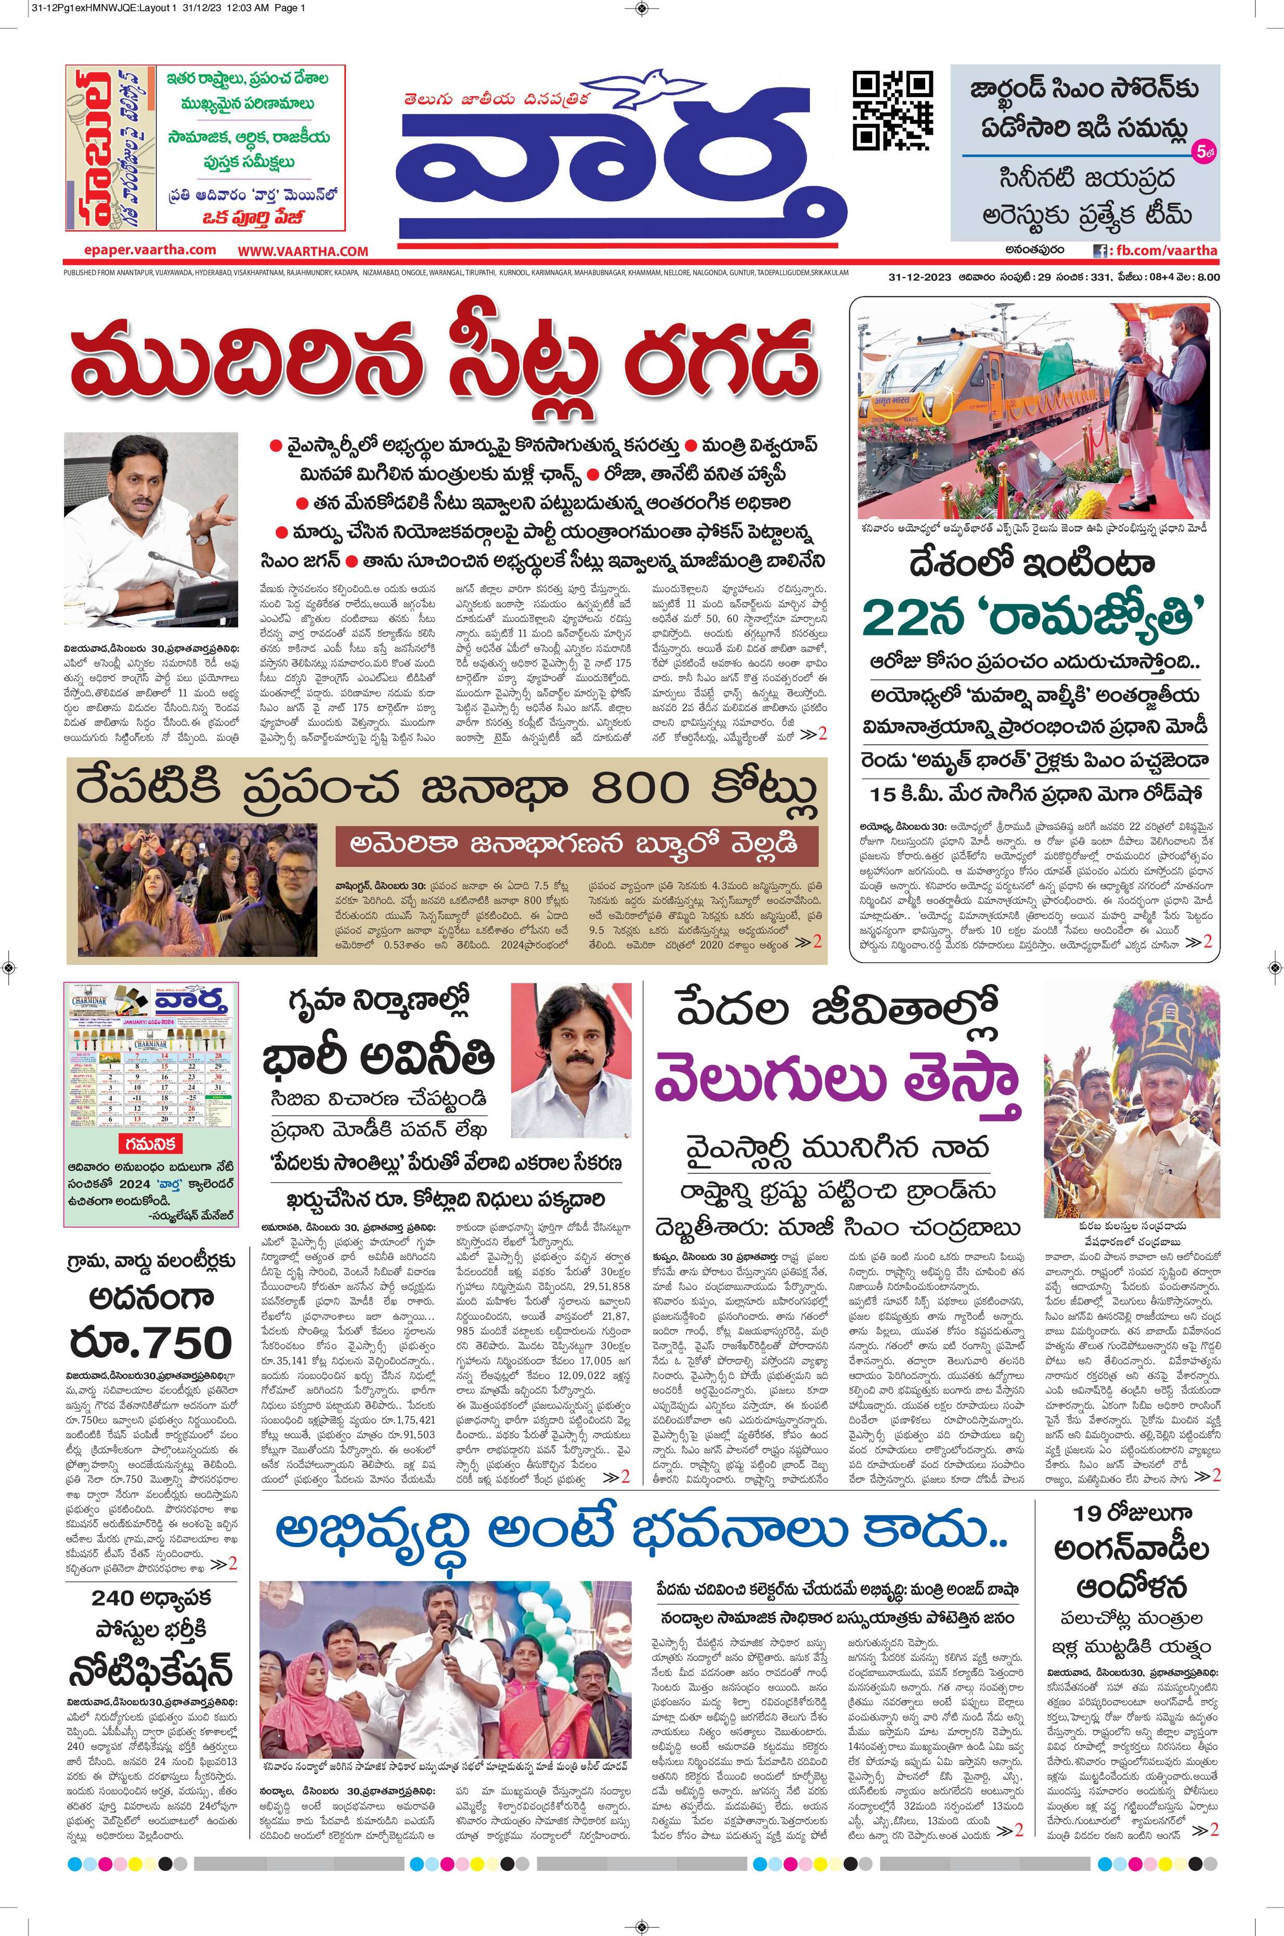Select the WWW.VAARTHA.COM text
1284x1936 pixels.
coord(303,251)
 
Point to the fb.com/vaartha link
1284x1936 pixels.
coord(1163,251)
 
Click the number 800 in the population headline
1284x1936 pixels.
coord(640,788)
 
